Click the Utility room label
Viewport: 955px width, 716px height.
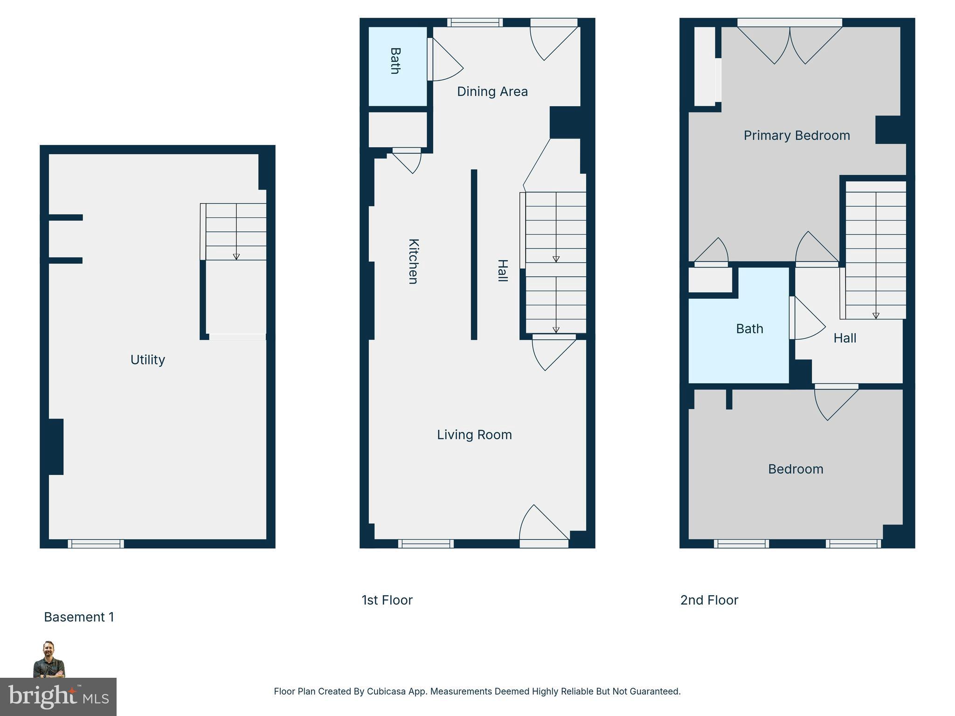[147, 360]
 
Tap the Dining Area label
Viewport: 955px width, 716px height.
[492, 91]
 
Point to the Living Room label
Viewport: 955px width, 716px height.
[474, 435]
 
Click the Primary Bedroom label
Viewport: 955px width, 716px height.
[796, 136]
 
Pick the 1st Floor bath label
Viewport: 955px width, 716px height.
[395, 61]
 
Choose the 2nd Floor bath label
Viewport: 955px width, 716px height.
[749, 329]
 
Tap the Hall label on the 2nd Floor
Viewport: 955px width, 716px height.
[844, 338]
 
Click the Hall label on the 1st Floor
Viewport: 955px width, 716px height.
[502, 270]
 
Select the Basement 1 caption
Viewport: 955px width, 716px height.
[79, 617]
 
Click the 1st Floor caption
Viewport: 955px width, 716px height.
[387, 600]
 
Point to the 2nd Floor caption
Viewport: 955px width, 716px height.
[709, 600]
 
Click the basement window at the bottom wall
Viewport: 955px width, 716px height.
[96, 544]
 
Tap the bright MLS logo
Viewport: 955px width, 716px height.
[58, 696]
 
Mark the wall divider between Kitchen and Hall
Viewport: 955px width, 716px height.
[474, 255]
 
